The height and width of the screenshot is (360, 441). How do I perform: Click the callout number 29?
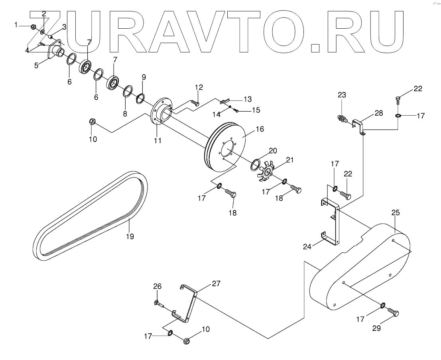pyautogui.click(x=376, y=329)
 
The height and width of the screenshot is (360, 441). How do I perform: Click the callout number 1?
pyautogui.click(x=16, y=25)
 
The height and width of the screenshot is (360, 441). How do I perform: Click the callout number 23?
pyautogui.click(x=342, y=95)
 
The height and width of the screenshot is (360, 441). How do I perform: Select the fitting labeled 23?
pyautogui.click(x=343, y=118)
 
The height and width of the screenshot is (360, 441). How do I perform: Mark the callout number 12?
pyautogui.click(x=199, y=87)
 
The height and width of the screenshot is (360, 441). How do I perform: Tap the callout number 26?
pyautogui.click(x=158, y=286)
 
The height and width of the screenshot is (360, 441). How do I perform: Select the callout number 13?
pyautogui.click(x=248, y=98)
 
